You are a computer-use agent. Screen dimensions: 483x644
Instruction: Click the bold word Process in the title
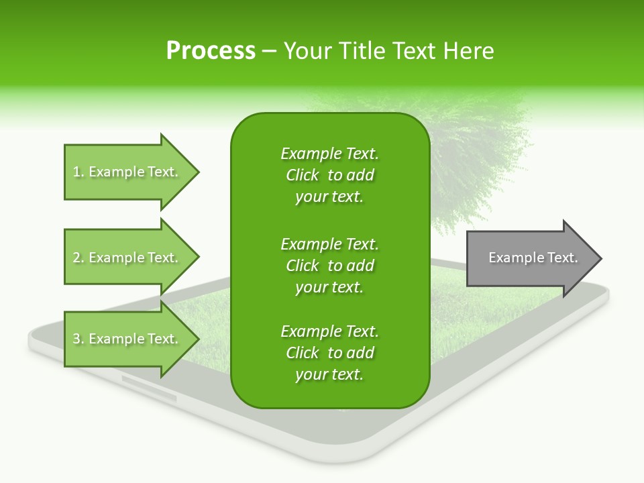pyautogui.click(x=211, y=51)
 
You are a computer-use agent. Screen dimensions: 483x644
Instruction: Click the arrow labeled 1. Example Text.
pyautogui.click(x=127, y=172)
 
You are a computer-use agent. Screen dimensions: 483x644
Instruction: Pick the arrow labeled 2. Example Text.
pyautogui.click(x=127, y=258)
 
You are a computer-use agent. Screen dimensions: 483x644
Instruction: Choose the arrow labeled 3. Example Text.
pyautogui.click(x=127, y=339)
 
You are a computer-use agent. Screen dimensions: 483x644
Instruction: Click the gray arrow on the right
pyautogui.click(x=530, y=258)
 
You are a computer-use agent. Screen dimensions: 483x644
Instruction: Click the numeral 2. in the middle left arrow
pyautogui.click(x=78, y=258)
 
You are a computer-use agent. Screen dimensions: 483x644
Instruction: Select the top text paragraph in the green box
pyautogui.click(x=329, y=175)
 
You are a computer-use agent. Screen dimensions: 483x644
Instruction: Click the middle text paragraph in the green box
pyautogui.click(x=329, y=266)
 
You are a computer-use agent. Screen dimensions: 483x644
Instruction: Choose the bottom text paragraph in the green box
pyautogui.click(x=329, y=353)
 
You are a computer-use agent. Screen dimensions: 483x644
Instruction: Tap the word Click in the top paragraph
pyautogui.click(x=303, y=175)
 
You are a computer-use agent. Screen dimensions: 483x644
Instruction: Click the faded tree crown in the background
pyautogui.click(x=476, y=148)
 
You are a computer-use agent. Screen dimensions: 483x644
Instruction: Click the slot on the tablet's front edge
pyautogui.click(x=149, y=390)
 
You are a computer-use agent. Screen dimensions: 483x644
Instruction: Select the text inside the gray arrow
pyautogui.click(x=533, y=258)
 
